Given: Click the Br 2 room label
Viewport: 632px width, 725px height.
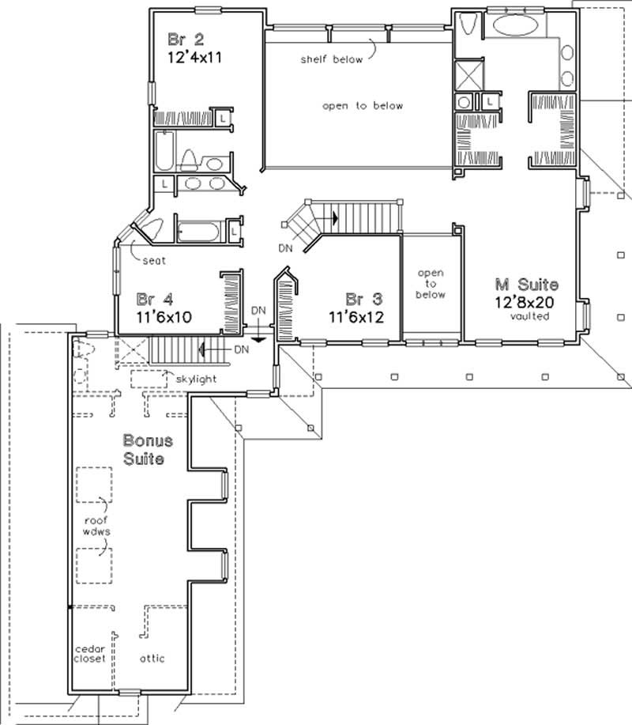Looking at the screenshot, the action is (x=186, y=40).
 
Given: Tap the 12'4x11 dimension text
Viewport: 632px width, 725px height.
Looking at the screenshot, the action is (x=194, y=58).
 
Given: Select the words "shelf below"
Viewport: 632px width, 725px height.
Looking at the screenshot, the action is (x=332, y=59).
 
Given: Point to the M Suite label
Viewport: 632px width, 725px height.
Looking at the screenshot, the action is (x=527, y=284).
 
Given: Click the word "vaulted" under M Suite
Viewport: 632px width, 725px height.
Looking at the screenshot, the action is (x=530, y=316).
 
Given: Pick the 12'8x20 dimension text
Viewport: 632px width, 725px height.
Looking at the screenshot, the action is (x=525, y=302).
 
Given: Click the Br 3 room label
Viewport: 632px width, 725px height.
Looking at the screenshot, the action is (x=364, y=299).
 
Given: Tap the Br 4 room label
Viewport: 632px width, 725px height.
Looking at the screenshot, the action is (x=155, y=299).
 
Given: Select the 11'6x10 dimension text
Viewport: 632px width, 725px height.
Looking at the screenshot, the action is (x=164, y=317).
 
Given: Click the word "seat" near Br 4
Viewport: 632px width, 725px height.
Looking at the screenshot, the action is (x=154, y=261).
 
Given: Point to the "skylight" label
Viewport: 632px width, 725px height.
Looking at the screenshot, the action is (x=197, y=379).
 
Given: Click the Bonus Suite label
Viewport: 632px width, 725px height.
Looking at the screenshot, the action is (x=148, y=449).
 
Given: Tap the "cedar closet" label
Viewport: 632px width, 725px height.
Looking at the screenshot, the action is (x=89, y=654).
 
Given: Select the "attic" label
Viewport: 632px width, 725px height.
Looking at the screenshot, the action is (x=152, y=658).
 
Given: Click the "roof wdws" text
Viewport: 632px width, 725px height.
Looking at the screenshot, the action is (x=96, y=527).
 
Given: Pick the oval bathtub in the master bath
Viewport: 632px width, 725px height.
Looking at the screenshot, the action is (x=515, y=25).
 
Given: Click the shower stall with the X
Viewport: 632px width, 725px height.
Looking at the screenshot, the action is (x=468, y=75).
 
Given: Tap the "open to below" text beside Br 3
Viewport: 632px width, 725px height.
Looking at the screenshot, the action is (x=431, y=284).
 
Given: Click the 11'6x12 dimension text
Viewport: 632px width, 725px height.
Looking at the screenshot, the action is (x=356, y=317).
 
